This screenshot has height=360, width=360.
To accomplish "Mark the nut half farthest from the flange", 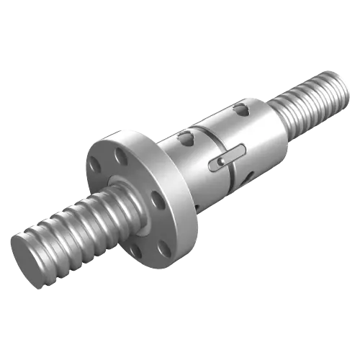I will click(x=248, y=137).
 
